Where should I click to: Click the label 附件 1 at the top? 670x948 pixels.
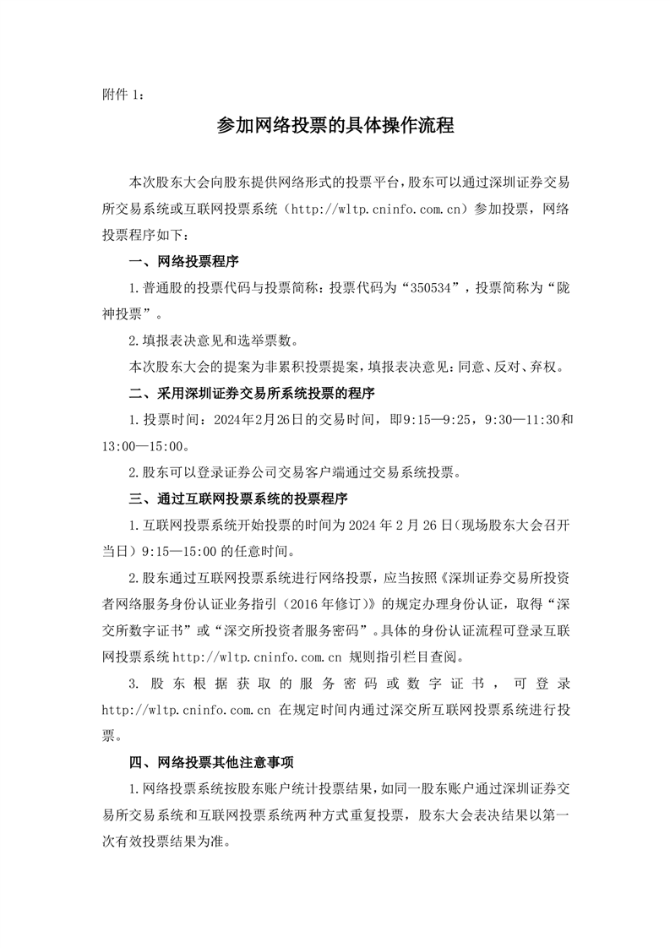(122, 96)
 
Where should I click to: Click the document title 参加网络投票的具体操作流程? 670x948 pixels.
(335, 127)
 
